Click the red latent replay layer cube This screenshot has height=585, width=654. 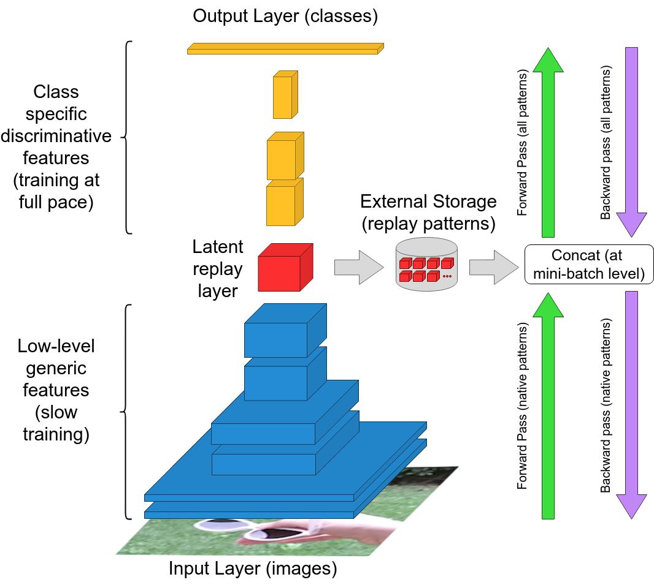point(285,267)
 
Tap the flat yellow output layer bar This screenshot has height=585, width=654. point(285,49)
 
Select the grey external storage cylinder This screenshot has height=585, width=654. point(426,265)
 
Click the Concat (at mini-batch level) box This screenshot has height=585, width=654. point(588,265)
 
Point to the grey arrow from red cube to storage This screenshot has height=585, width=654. point(359,267)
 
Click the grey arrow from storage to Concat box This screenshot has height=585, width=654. point(494,267)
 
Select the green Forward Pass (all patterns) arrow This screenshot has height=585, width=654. point(548,142)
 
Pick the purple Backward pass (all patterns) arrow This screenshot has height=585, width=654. point(631,142)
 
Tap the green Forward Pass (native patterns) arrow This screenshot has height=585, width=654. point(548,406)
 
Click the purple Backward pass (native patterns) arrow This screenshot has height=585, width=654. point(631,406)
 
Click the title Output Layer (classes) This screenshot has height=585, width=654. point(285,17)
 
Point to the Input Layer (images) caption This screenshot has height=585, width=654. point(253,568)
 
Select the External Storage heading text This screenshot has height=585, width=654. point(428,202)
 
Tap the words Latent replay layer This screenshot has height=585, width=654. point(218,268)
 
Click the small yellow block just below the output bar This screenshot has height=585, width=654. point(285,94)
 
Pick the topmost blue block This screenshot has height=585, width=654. point(285,330)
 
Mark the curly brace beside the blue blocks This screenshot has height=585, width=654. point(126,412)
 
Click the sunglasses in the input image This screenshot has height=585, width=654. point(255,530)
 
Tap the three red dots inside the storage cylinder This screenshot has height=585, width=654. point(447,276)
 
